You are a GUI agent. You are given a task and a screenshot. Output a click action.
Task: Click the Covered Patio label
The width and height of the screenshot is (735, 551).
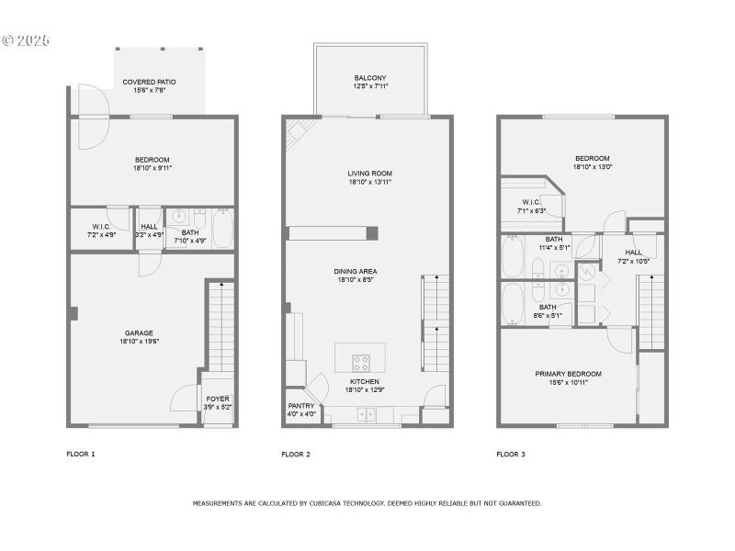click(x=150, y=82)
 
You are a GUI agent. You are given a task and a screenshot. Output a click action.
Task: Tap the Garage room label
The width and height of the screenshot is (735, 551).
click(x=139, y=333)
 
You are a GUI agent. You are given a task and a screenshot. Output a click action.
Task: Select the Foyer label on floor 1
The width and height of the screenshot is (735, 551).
click(x=218, y=399)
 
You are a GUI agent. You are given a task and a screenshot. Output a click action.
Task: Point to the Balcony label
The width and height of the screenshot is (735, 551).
click(x=369, y=78)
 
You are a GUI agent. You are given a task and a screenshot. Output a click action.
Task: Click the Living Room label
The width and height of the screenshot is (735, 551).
click(x=369, y=174)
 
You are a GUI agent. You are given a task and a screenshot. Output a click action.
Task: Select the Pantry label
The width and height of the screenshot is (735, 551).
click(x=301, y=406)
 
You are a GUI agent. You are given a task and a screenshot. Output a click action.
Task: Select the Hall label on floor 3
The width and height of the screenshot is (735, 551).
click(x=634, y=252)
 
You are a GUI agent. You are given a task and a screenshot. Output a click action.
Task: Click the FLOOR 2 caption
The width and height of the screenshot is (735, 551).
click(x=296, y=454)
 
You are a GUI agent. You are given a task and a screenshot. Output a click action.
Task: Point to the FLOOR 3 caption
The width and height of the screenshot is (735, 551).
click(x=511, y=454)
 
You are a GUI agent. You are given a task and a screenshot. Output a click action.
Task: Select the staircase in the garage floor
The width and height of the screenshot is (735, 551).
click(x=220, y=326)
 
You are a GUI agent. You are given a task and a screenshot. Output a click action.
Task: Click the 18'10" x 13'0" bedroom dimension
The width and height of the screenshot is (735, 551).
click(x=593, y=166)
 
